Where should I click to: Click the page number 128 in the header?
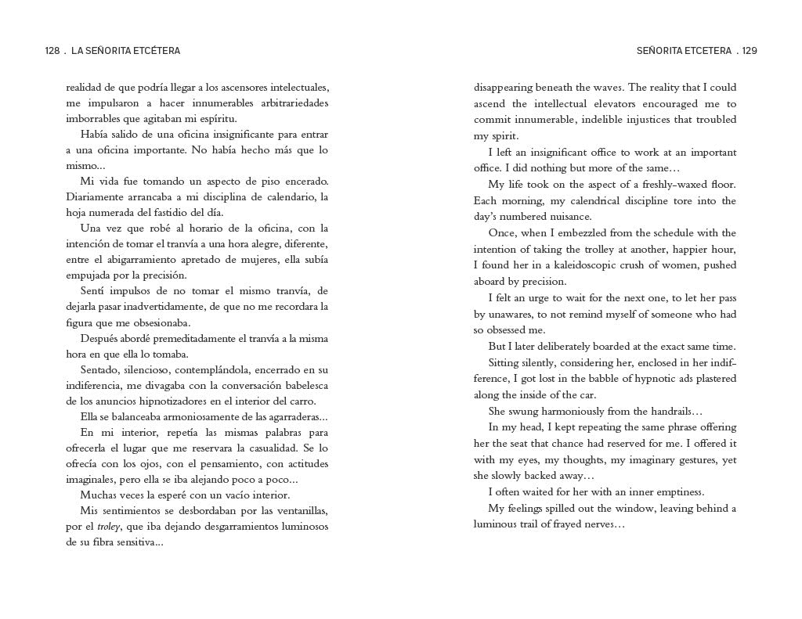52,51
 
